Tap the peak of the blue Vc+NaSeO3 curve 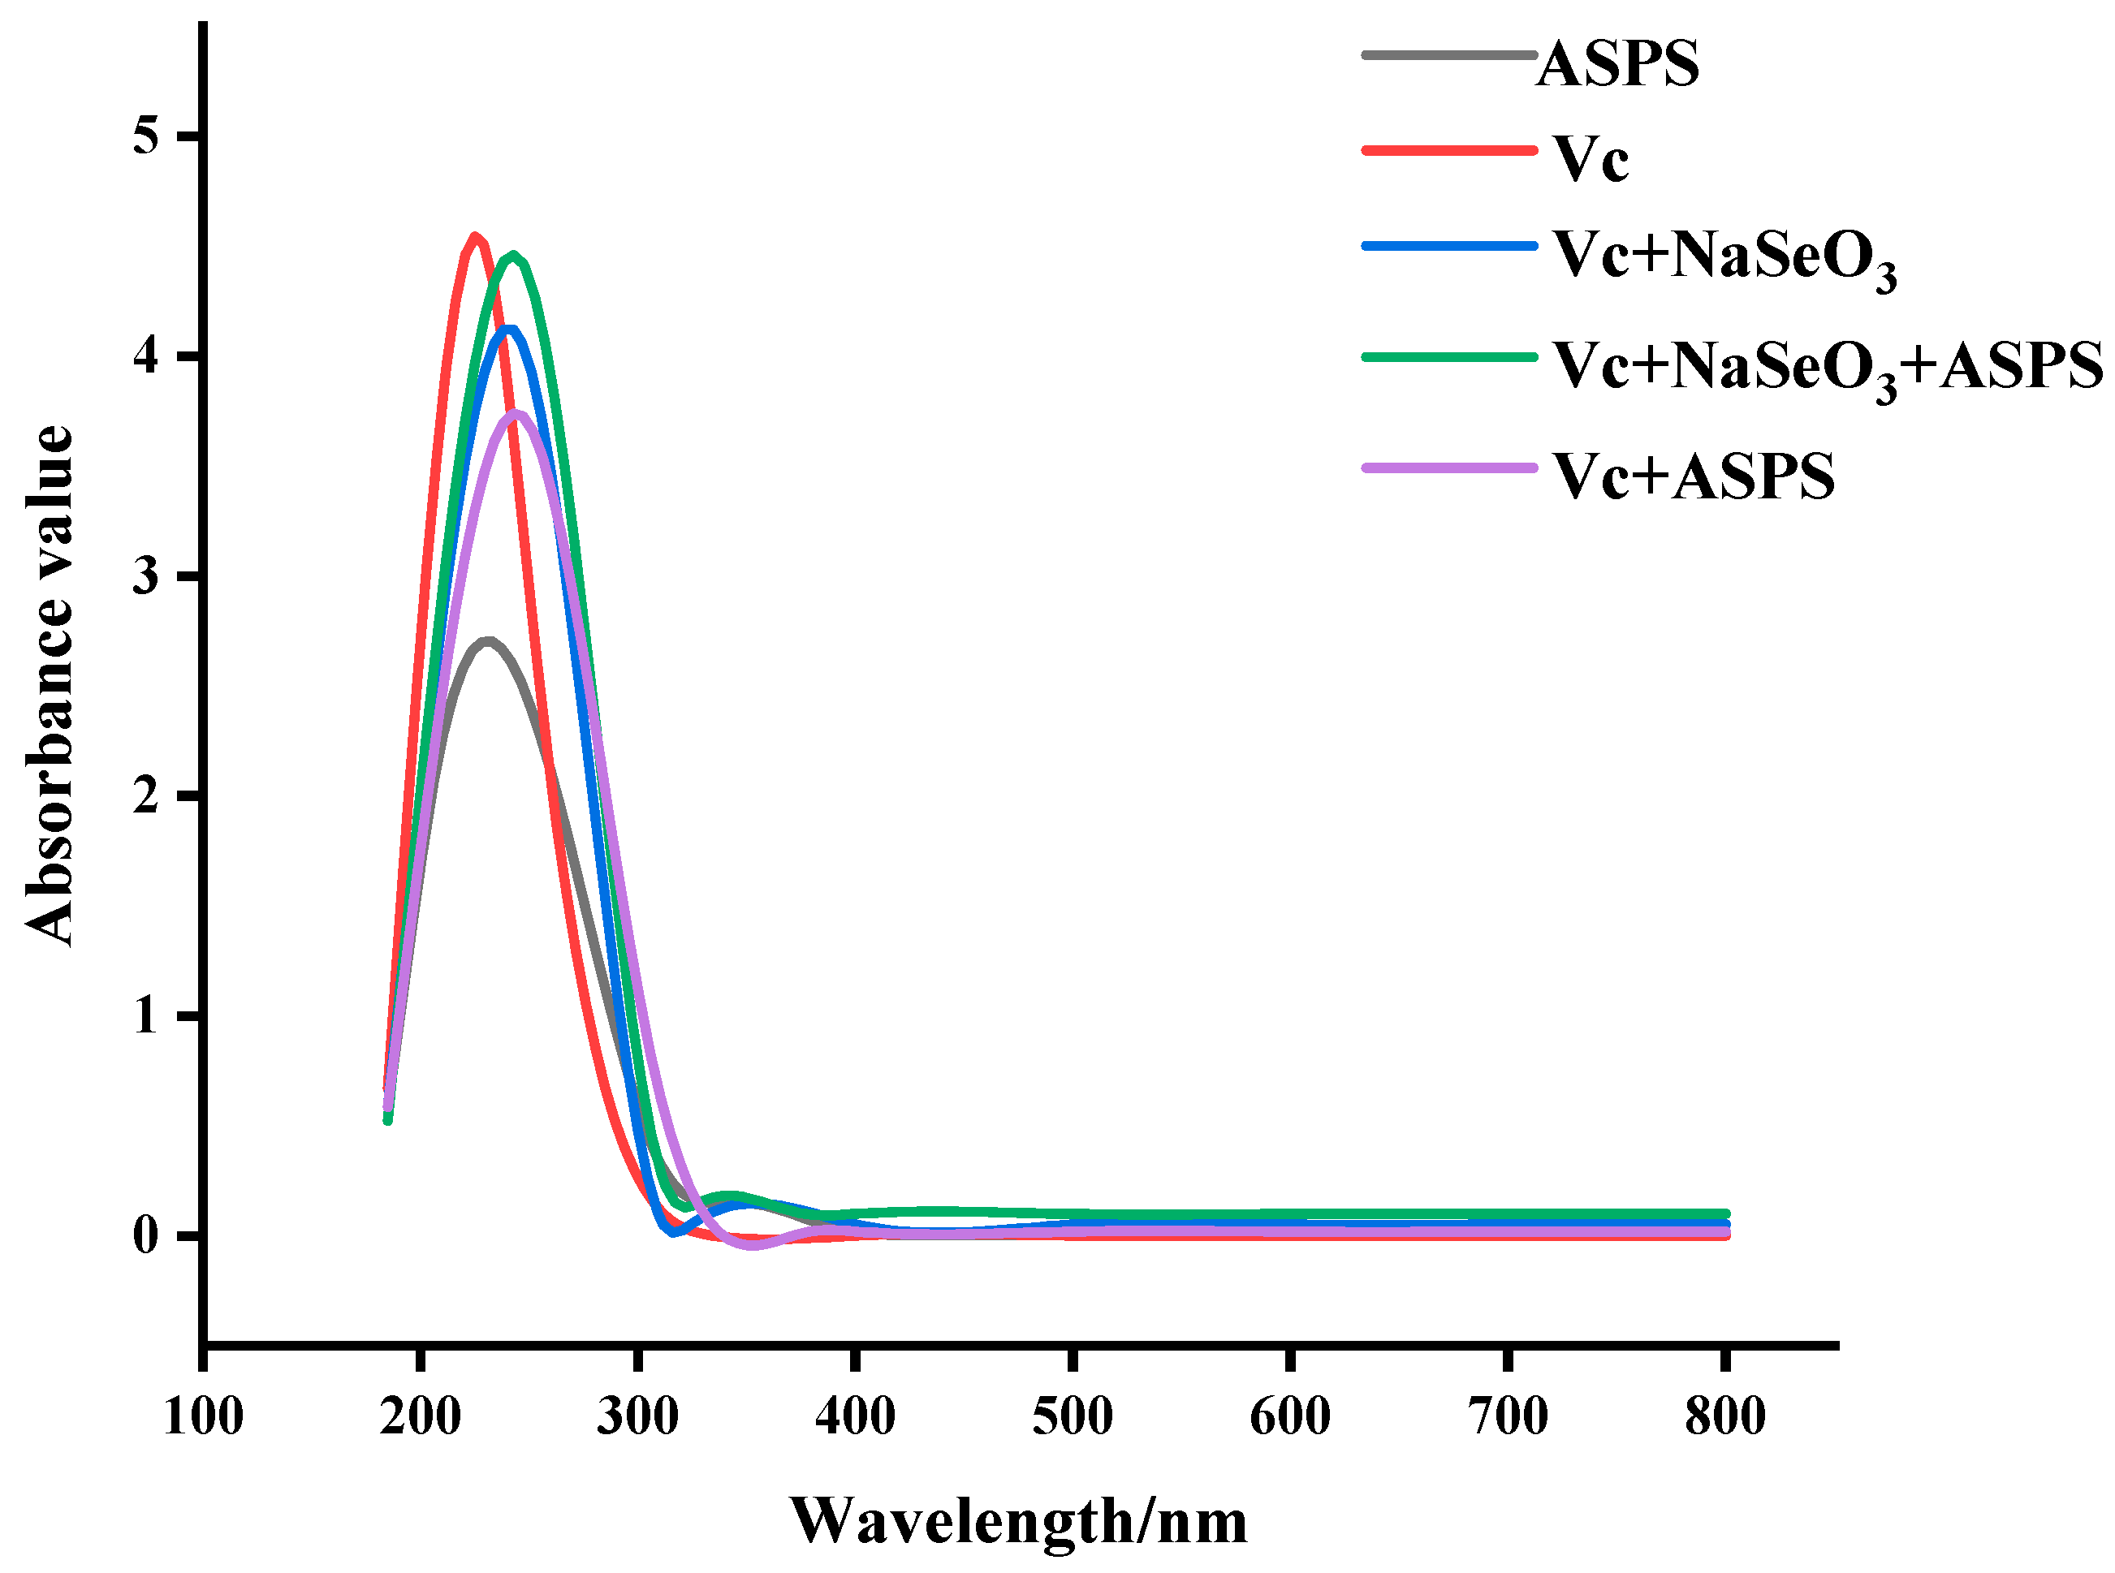511,330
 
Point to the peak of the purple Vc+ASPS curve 516,412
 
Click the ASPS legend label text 1617,65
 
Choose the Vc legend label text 1590,159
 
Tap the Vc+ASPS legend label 1692,476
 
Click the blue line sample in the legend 1449,246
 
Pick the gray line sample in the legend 1449,55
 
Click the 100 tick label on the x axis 204,1416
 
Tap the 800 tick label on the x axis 1724,1416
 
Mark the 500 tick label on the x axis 1073,1416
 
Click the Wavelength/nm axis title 1018,1520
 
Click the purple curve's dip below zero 753,1245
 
